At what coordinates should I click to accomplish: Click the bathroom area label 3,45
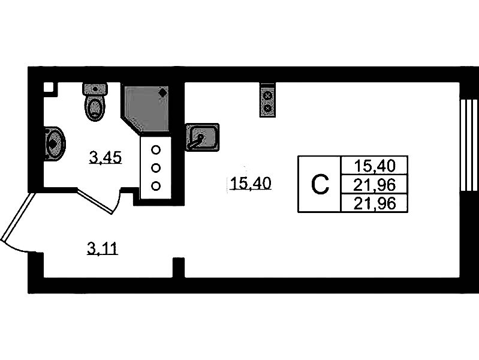[x=106, y=158]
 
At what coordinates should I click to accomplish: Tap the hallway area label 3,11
[x=102, y=247]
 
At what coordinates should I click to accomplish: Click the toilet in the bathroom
[x=95, y=103]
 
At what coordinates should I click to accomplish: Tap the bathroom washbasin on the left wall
[x=53, y=143]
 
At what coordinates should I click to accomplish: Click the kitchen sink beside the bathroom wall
[x=202, y=137]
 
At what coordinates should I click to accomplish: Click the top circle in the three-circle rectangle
[x=156, y=150]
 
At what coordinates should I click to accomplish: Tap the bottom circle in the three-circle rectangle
[x=156, y=185]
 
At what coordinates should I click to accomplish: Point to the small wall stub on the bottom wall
[x=178, y=268]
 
